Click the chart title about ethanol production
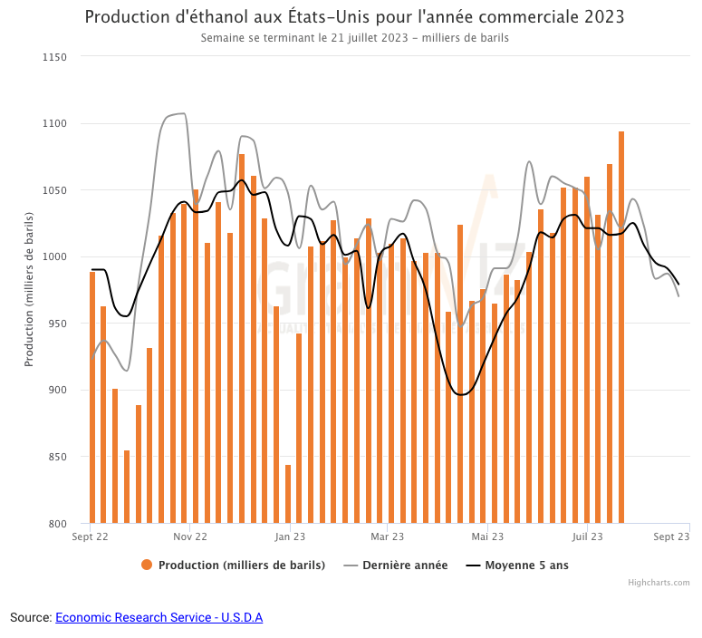354,17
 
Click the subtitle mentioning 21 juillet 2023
354,38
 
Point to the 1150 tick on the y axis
55,57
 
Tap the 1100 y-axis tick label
55,123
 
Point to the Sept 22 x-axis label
91,537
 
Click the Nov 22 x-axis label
189,537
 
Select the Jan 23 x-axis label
289,537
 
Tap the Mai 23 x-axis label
487,537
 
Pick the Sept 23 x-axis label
671,537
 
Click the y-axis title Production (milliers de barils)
29,289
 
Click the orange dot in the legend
147,565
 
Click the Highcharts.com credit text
659,583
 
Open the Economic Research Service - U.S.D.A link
159,617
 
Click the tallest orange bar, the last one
621,326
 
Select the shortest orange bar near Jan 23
288,494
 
